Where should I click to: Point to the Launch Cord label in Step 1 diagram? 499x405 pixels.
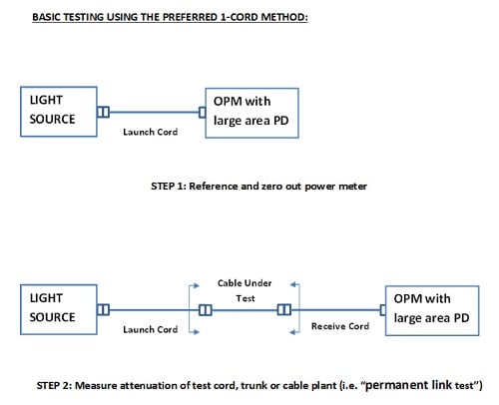pyautogui.click(x=151, y=132)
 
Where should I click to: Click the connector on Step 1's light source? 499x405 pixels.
pyautogui.click(x=102, y=112)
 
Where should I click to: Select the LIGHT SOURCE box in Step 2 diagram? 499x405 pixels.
pyautogui.click(x=57, y=307)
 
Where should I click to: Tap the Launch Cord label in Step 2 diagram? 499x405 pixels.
pyautogui.click(x=151, y=329)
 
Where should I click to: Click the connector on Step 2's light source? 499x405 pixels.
pyautogui.click(x=102, y=308)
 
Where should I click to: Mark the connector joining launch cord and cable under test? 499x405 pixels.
pyautogui.click(x=205, y=308)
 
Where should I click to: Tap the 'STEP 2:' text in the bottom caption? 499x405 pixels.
pyautogui.click(x=56, y=384)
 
